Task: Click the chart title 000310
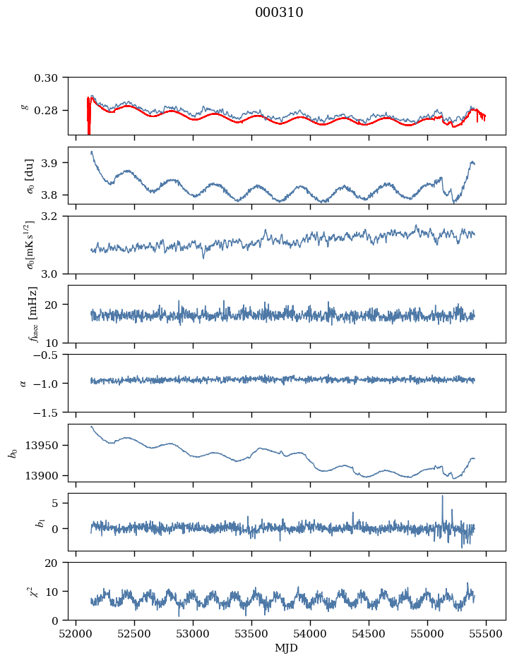279,13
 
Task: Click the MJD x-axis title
286,648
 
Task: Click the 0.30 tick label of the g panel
51,77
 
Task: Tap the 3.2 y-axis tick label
54,216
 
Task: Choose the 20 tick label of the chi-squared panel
56,563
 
